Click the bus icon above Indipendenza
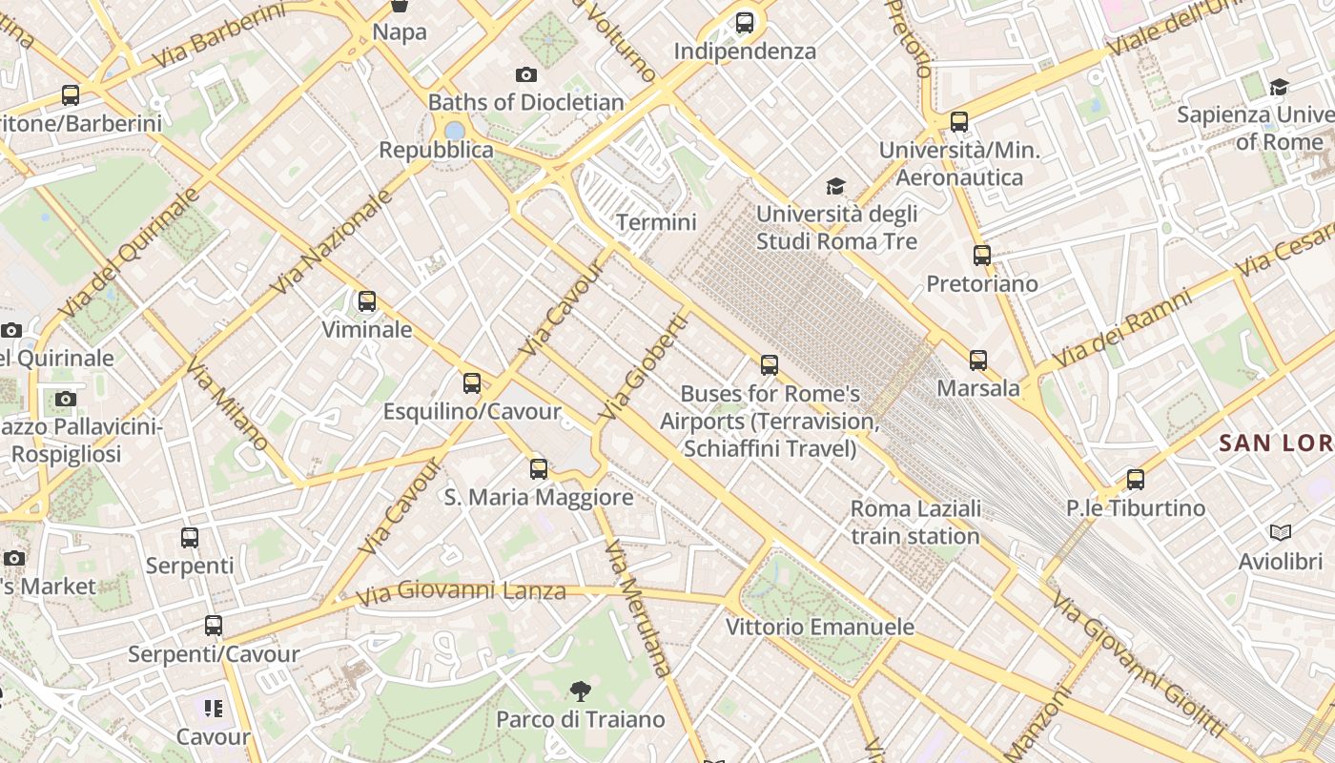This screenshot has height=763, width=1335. coord(745,23)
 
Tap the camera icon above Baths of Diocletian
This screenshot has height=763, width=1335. coord(525,74)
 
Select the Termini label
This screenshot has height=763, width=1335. coord(656,222)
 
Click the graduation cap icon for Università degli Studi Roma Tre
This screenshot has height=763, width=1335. coord(835,186)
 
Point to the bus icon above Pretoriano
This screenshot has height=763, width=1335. coord(982,256)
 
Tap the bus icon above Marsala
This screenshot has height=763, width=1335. coord(978,361)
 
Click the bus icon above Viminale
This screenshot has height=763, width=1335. coord(367,302)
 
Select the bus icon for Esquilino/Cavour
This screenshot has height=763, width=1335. coord(472,383)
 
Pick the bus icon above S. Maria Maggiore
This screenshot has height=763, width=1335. coord(539,469)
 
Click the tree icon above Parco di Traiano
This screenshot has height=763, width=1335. coord(580,691)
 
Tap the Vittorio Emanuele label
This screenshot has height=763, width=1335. coord(820,627)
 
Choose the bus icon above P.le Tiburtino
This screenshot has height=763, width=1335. coord(1135,480)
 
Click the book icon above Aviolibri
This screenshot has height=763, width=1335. coord(1280,532)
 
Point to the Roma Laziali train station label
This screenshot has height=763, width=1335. coord(914,523)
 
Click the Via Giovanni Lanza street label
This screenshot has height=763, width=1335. coord(461,592)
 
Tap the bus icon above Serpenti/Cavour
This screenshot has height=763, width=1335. coord(214,627)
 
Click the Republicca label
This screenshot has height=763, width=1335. coord(437,150)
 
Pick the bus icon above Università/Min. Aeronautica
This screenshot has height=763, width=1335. coord(959,122)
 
